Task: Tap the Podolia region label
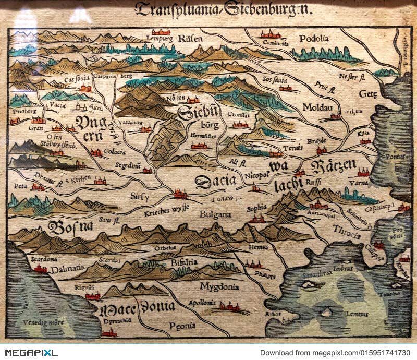click(314, 38)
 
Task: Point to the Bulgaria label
click(215, 214)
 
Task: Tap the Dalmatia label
click(67, 268)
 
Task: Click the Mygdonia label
click(219, 286)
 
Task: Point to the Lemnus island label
click(357, 314)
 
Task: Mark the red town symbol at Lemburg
click(161, 32)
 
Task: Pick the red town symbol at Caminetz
click(270, 35)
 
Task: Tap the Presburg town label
click(23, 111)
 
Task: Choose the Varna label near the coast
click(359, 183)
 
